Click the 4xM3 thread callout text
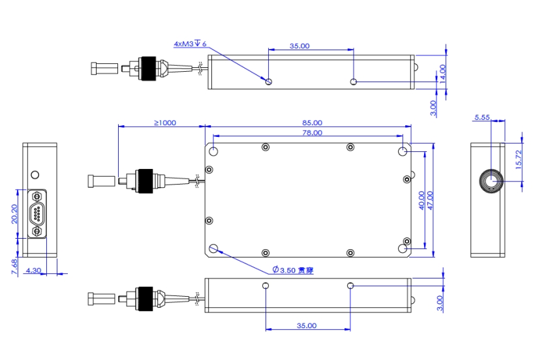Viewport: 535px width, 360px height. [190, 44]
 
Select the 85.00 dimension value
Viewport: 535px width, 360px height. [311, 122]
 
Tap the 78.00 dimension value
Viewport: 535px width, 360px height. [311, 132]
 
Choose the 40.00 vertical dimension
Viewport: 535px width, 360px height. [421, 200]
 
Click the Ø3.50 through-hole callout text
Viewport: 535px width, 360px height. [292, 270]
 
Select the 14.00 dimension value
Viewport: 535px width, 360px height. [442, 72]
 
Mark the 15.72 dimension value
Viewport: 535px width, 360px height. [519, 160]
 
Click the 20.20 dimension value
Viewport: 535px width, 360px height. [14, 213]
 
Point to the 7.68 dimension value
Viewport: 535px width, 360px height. [14, 267]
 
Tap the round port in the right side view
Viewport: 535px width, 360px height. [491, 181]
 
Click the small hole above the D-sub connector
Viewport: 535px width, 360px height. [35, 175]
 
